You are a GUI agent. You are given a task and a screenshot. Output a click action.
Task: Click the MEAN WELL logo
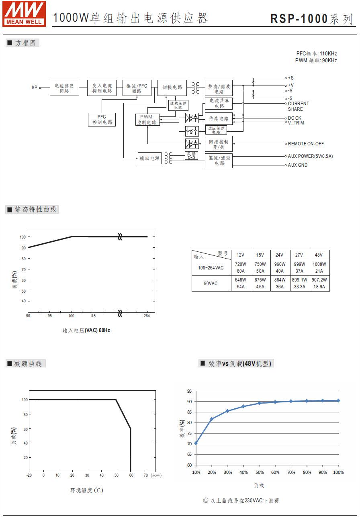tap(24, 14)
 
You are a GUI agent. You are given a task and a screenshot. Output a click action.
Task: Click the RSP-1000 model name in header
tap(299, 18)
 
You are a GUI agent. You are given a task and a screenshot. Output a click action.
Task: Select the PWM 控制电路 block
tap(147, 120)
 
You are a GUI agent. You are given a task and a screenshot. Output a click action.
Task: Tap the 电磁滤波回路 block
tap(64, 88)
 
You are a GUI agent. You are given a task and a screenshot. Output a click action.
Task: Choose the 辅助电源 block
tap(149, 158)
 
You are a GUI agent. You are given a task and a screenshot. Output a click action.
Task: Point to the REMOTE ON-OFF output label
tap(306, 144)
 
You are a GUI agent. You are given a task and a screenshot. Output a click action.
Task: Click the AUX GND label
tap(298, 165)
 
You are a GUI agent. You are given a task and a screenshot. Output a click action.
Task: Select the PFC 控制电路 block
tap(102, 120)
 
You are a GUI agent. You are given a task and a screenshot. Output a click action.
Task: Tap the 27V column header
tap(299, 255)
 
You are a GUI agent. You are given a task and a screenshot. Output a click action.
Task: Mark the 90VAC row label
tap(211, 283)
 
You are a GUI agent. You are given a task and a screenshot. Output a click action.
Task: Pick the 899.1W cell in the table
tap(299, 280)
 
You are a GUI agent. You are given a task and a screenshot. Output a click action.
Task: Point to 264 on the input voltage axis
tap(147, 316)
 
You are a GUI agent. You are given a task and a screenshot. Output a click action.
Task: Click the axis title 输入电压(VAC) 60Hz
tap(86, 330)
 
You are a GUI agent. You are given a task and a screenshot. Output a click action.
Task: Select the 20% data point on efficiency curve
tap(212, 419)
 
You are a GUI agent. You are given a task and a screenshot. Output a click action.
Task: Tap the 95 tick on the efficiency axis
tap(189, 391)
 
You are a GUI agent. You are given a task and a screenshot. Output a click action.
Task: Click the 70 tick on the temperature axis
tap(145, 475)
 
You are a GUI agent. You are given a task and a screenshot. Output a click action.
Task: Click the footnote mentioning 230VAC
tap(241, 501)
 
